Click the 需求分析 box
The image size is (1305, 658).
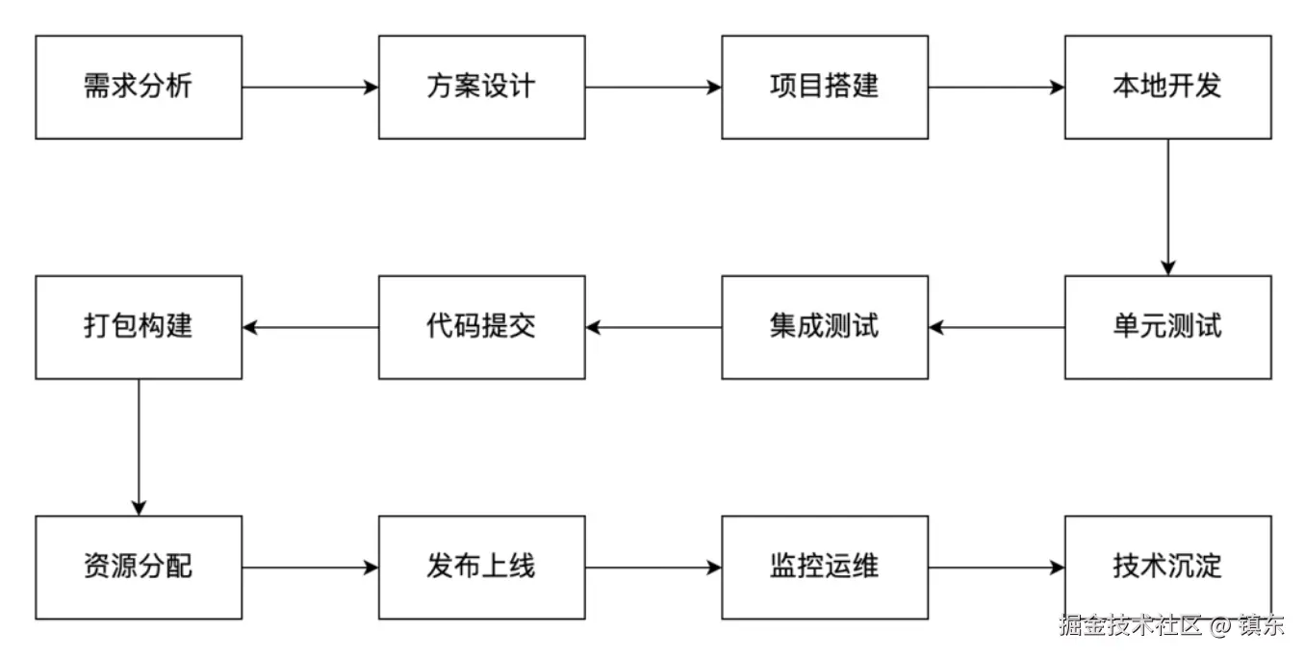click(x=139, y=88)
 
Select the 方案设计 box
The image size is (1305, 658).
click(x=481, y=88)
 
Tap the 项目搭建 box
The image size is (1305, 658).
click(x=825, y=88)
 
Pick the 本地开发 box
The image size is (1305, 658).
click(x=1167, y=88)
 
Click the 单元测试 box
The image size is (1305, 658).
click(x=1167, y=327)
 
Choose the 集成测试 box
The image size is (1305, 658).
click(x=825, y=327)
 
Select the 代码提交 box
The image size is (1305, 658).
click(x=481, y=327)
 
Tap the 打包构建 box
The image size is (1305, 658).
click(x=139, y=327)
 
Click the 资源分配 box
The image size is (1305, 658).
click(x=139, y=567)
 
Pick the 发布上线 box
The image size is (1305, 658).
click(x=481, y=567)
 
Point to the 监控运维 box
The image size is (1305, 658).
click(x=825, y=567)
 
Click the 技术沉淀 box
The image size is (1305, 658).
click(x=1167, y=567)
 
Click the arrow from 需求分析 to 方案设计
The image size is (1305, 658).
click(x=310, y=88)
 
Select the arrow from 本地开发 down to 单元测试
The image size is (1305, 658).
click(x=1168, y=207)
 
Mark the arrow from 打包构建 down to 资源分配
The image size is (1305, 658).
click(x=139, y=447)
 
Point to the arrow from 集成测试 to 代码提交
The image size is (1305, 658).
click(x=653, y=327)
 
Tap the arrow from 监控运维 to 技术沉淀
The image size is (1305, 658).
click(x=996, y=568)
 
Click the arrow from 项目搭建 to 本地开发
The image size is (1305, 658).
click(x=996, y=88)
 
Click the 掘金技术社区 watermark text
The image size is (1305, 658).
click(x=1131, y=626)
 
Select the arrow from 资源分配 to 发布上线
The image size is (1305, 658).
click(x=310, y=568)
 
